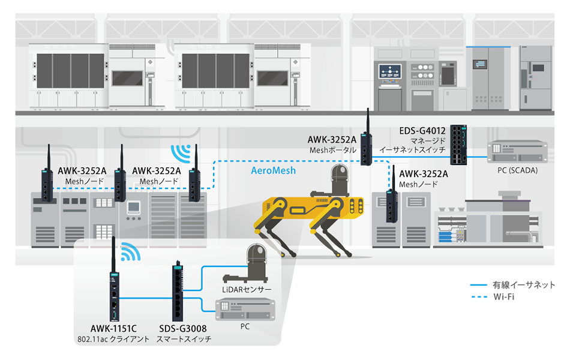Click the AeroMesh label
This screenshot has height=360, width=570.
coord(273,171)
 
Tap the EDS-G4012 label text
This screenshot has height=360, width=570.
coord(423,131)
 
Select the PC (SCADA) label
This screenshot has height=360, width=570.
coord(517,170)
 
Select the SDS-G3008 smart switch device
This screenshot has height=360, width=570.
coord(178,293)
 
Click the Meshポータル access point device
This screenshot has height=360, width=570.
coord(366,148)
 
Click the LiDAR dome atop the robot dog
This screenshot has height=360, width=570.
coord(337,180)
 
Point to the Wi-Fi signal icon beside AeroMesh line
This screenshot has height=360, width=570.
coord(179,152)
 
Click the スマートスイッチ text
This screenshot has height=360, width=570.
coord(184,339)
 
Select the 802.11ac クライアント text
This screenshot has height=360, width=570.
coord(113,339)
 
